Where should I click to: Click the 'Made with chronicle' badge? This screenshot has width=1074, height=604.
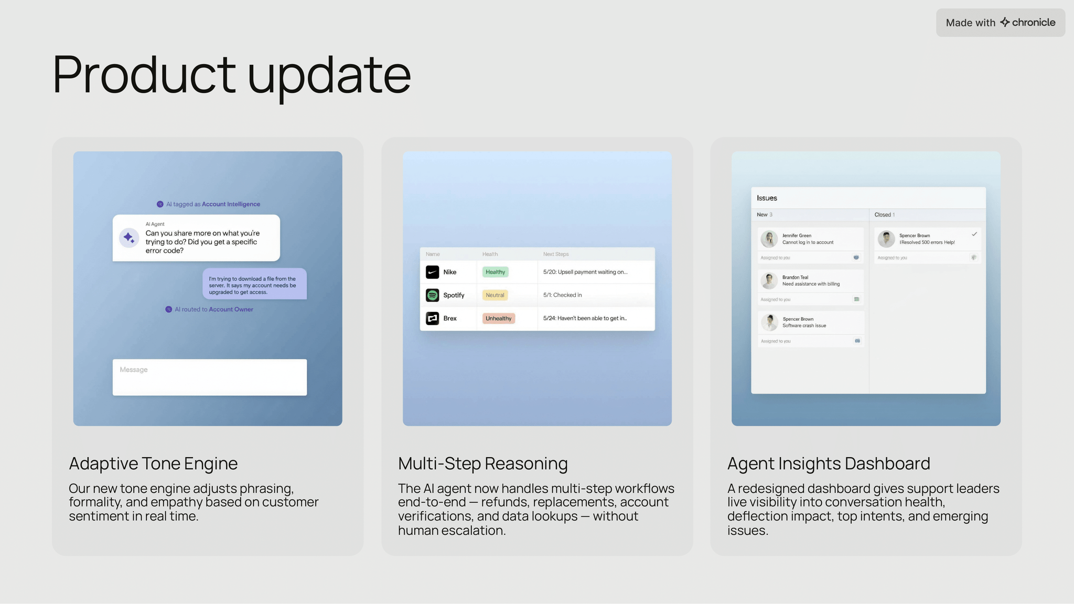coord(1000,23)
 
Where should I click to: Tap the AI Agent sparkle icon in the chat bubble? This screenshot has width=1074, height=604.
coord(129,238)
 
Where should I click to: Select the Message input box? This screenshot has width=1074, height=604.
coord(210,377)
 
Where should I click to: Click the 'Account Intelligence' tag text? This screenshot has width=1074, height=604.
coord(231,204)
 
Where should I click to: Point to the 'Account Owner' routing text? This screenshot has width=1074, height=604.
coord(231,309)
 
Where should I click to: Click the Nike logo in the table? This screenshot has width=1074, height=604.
coord(432,272)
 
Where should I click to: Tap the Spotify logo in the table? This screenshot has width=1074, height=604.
coord(432,295)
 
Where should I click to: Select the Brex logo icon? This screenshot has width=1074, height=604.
coord(432,318)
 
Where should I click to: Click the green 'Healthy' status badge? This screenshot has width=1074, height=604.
coord(496,272)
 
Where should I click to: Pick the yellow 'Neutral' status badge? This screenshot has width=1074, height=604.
coord(495,295)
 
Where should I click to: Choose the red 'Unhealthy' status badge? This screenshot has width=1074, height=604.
coord(499,318)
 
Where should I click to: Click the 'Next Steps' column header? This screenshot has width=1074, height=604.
coord(556,254)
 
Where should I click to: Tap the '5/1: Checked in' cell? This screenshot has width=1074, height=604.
coord(563,295)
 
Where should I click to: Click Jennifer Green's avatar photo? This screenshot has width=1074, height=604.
coord(769,239)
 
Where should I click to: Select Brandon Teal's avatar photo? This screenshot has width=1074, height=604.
coord(769,281)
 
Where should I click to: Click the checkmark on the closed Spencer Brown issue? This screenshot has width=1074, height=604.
coord(974,234)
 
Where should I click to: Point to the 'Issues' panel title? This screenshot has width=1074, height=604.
coord(767,198)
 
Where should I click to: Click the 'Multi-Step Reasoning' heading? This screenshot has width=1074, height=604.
coord(483,463)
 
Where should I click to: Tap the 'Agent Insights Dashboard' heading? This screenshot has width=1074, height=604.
coord(829,463)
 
